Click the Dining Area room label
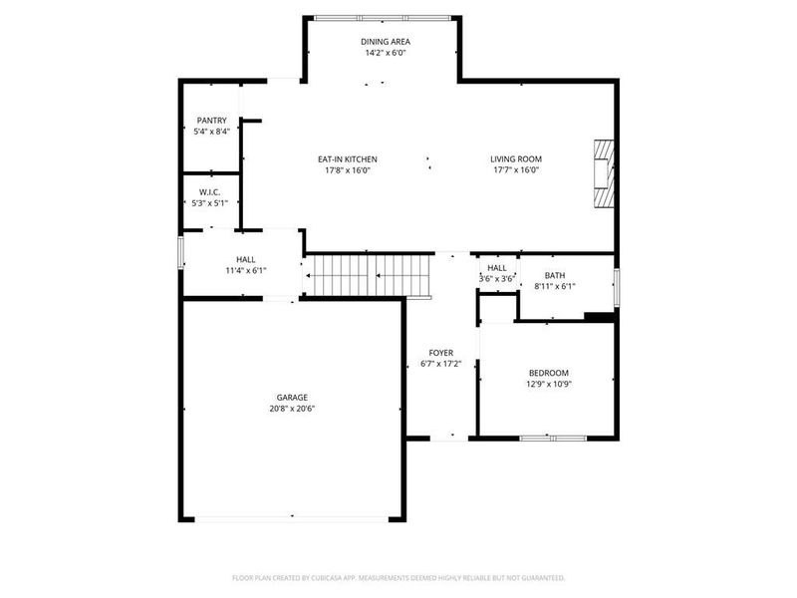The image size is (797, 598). [385, 42]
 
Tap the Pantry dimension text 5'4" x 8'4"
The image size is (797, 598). [211, 131]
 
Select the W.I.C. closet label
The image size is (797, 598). [209, 191]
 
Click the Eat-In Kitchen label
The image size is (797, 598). [347, 159]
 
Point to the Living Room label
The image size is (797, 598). [515, 159]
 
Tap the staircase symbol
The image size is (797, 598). [370, 275]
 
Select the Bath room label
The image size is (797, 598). [555, 275]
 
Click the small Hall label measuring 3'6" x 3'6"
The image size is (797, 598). [496, 268]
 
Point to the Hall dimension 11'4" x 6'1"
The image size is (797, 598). [245, 270]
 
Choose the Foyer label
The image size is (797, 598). [441, 353]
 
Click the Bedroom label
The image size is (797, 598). [548, 373]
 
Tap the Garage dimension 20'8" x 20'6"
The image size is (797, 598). [292, 408]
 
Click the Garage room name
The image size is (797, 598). [292, 397]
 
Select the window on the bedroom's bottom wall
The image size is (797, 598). [553, 437]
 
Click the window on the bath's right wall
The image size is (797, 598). [616, 285]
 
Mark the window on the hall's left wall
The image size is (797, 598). [180, 251]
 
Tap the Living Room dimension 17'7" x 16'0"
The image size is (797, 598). [515, 170]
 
